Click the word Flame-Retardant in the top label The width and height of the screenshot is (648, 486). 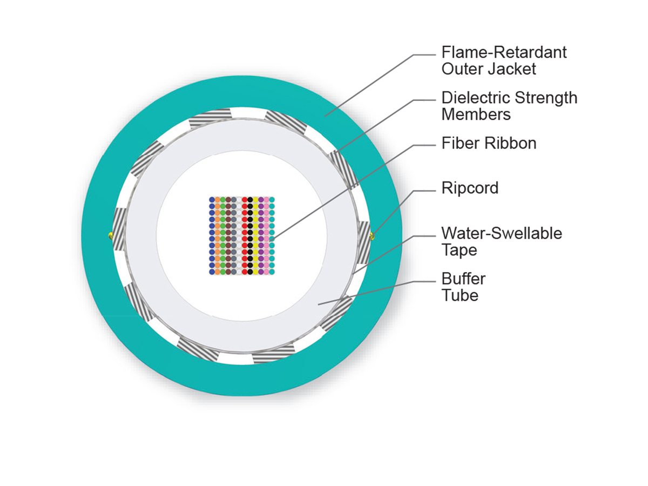(x=504, y=52)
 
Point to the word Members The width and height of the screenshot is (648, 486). (x=476, y=114)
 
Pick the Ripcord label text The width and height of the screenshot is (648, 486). (x=470, y=188)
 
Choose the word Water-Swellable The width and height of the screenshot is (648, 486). (x=502, y=233)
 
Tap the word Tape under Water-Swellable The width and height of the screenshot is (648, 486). (x=459, y=250)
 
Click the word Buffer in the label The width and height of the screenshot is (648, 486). (x=463, y=279)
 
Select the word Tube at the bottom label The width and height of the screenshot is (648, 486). (x=460, y=295)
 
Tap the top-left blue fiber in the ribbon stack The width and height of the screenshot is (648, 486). (x=212, y=200)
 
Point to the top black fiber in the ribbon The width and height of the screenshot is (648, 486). (x=250, y=200)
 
